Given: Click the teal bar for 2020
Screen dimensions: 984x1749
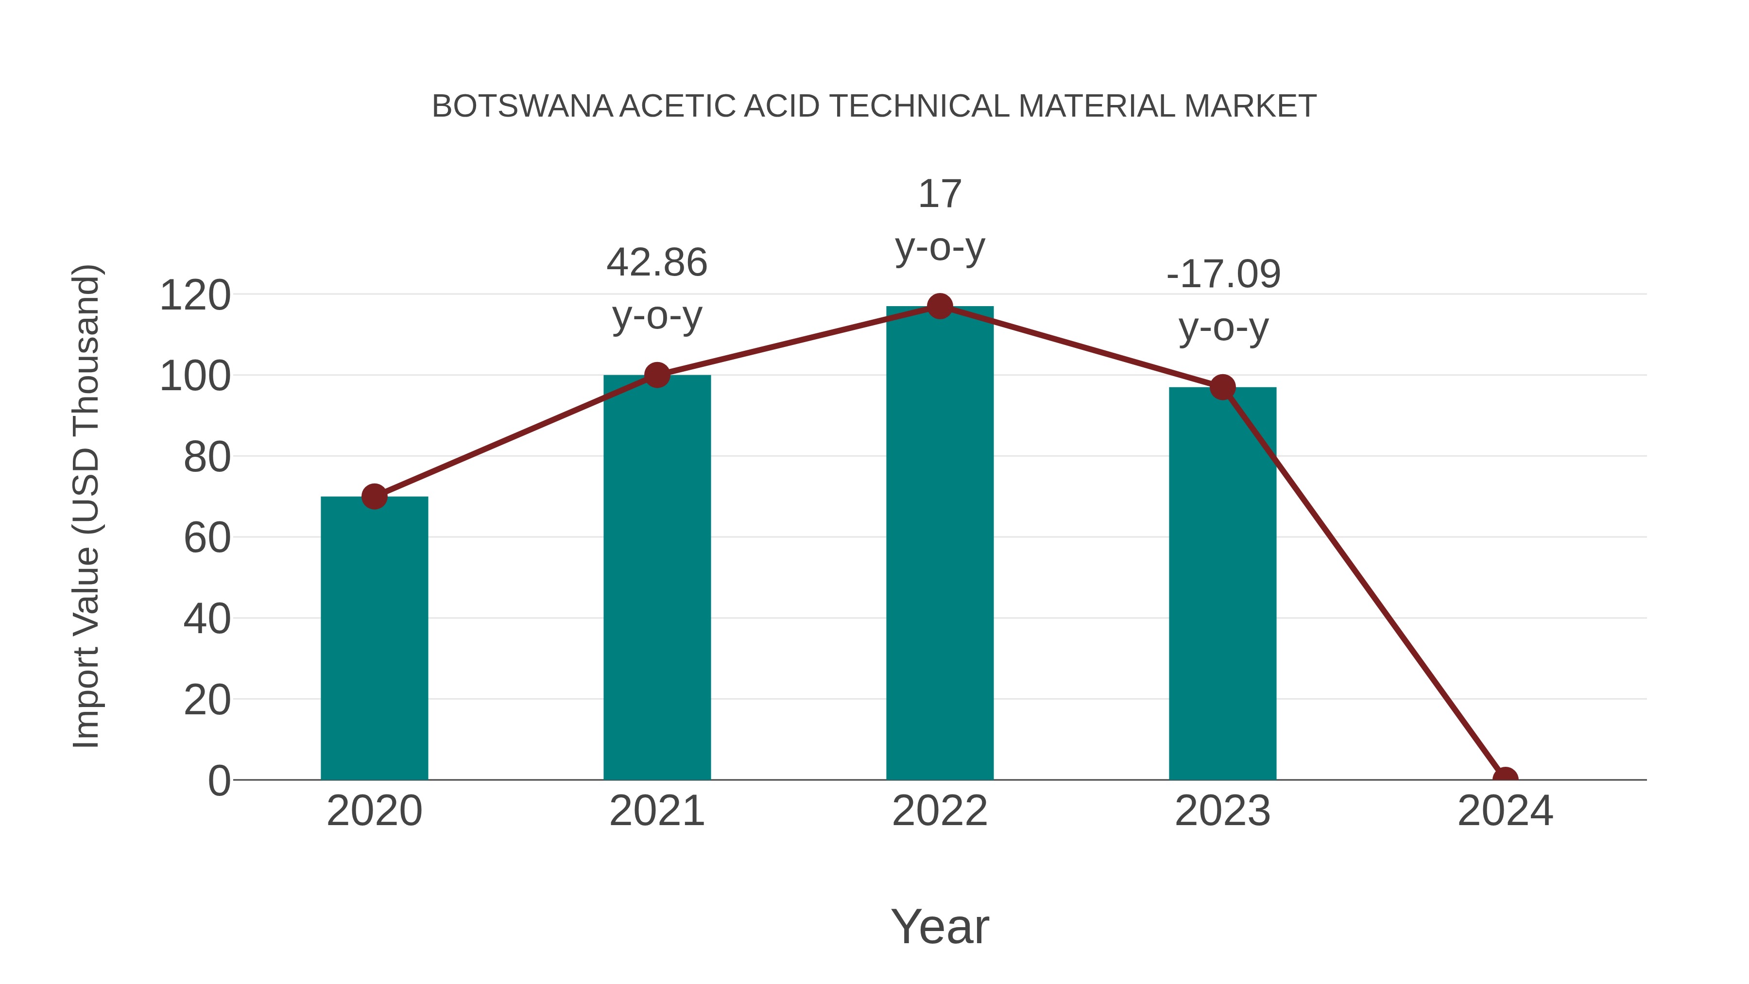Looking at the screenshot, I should [x=374, y=639].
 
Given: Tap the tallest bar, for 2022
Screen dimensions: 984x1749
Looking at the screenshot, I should [x=940, y=543].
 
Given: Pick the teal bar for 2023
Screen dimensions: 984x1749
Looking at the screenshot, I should [x=1222, y=584].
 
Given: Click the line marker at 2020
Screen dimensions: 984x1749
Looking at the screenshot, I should [x=374, y=497].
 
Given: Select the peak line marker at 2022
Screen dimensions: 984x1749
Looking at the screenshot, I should [x=940, y=306].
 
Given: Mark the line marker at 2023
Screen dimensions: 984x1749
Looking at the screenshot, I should [x=1222, y=387].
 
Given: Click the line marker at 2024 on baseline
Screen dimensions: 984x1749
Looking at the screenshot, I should [x=1505, y=778].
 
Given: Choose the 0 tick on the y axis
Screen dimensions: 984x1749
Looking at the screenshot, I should [x=219, y=780].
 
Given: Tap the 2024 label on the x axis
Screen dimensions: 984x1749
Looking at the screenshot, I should [x=1505, y=811].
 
